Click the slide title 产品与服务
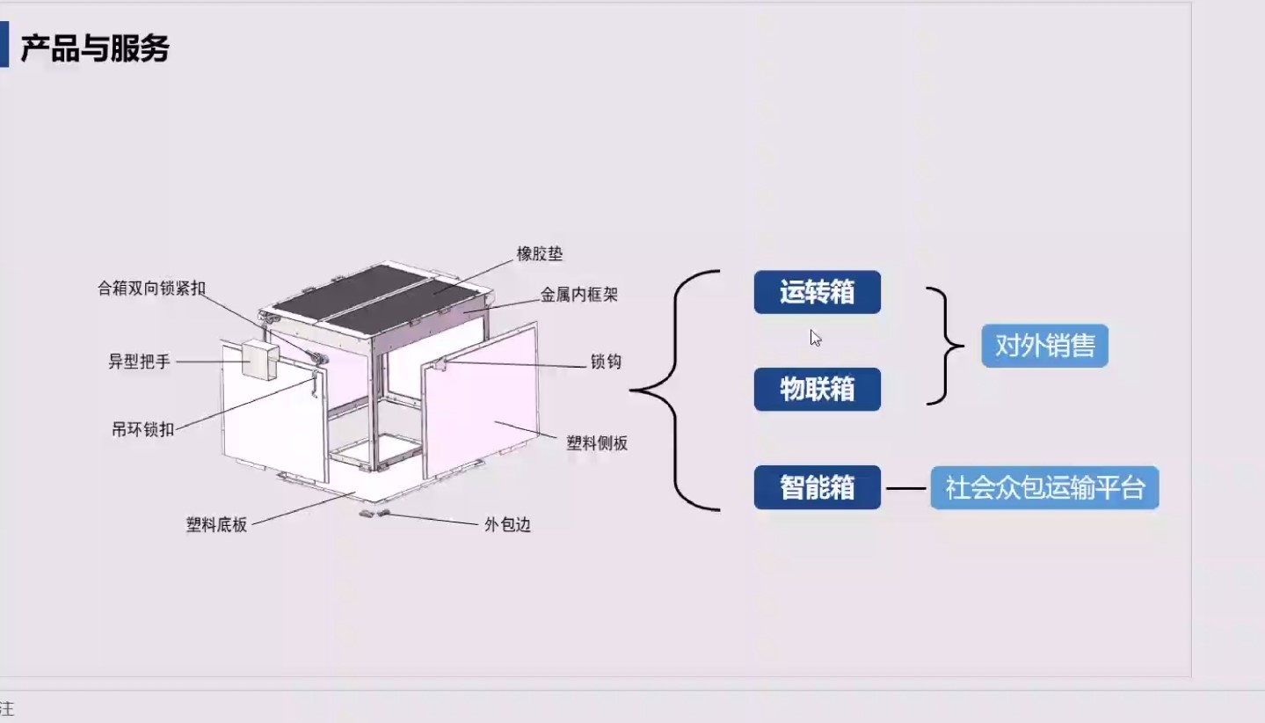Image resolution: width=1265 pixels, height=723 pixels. click(95, 49)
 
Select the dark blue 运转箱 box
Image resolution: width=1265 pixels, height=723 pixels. click(817, 292)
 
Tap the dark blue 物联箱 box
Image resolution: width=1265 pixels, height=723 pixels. click(817, 389)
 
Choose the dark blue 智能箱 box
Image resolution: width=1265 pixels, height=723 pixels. click(817, 487)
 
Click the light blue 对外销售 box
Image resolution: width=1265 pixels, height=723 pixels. click(1044, 346)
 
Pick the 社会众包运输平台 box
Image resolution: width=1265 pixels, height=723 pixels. click(1044, 487)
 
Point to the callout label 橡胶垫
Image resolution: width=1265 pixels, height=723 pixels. click(540, 254)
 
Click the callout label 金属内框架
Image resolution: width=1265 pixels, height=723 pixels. click(579, 295)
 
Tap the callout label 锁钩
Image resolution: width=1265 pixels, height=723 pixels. click(606, 361)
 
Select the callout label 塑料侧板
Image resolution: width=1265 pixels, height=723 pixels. click(597, 443)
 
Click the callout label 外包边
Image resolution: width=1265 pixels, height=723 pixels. click(507, 525)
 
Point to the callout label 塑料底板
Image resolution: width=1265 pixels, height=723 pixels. click(216, 525)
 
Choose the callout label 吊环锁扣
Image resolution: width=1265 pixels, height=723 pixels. click(142, 429)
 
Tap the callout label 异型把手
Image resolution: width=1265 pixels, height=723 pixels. click(139, 361)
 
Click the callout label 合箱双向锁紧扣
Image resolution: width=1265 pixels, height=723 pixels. click(151, 288)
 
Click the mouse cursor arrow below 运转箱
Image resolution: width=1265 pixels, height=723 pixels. click(816, 338)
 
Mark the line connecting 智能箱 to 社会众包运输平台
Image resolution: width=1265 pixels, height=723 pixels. click(905, 488)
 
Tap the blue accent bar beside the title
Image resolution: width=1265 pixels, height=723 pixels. click(4, 46)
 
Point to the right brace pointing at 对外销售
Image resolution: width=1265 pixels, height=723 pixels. click(949, 346)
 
